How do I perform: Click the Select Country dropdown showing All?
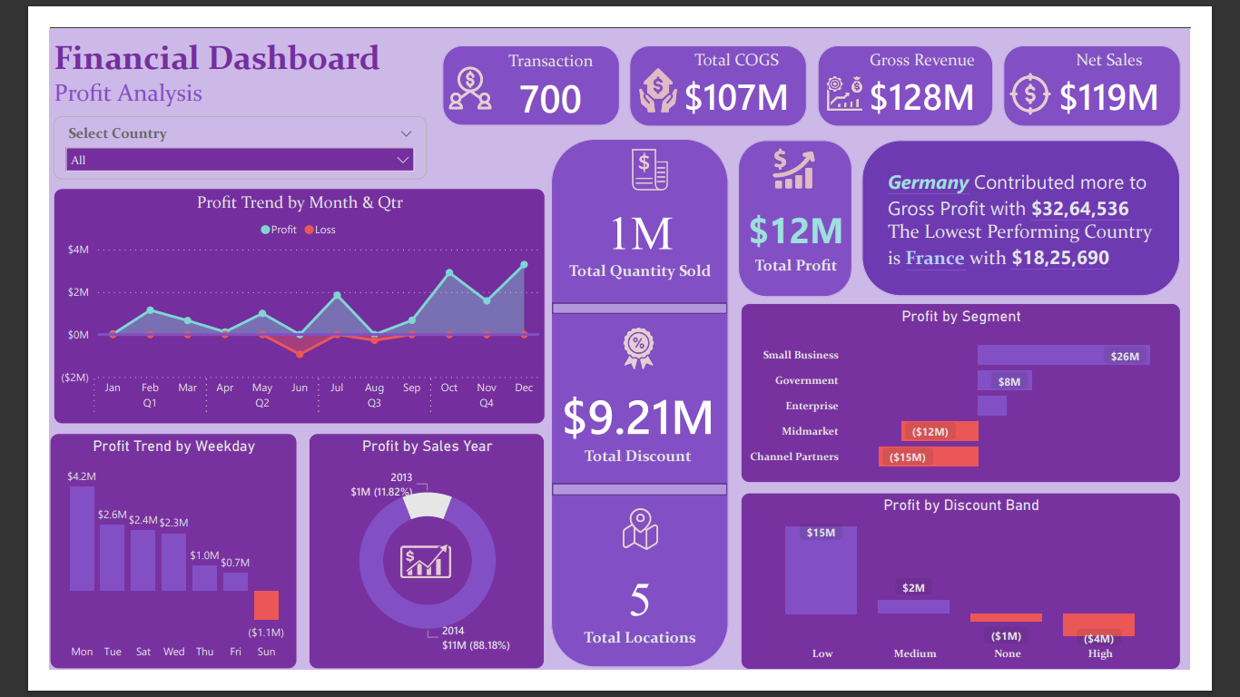coord(240,160)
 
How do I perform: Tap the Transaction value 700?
coord(551,99)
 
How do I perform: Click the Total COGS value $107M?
coord(736,97)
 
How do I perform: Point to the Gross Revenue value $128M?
coord(921,97)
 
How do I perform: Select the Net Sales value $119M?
coord(1108,97)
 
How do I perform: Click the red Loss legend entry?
coord(320,230)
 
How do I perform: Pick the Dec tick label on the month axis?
coord(524,388)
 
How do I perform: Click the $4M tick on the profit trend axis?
coord(78,250)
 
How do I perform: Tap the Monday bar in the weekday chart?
coord(83,538)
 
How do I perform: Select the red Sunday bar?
coord(266,605)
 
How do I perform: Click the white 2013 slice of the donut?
coord(427,506)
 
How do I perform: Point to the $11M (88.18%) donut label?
coord(476,645)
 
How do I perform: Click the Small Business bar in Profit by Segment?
coord(1063,355)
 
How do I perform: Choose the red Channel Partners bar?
coord(929,456)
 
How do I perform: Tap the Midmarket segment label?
coord(810,431)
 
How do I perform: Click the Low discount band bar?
coord(821,570)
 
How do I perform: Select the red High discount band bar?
coord(1098,624)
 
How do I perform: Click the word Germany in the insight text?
coord(928,182)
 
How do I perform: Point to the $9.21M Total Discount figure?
coord(638,417)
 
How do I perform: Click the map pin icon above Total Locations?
coord(640,529)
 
